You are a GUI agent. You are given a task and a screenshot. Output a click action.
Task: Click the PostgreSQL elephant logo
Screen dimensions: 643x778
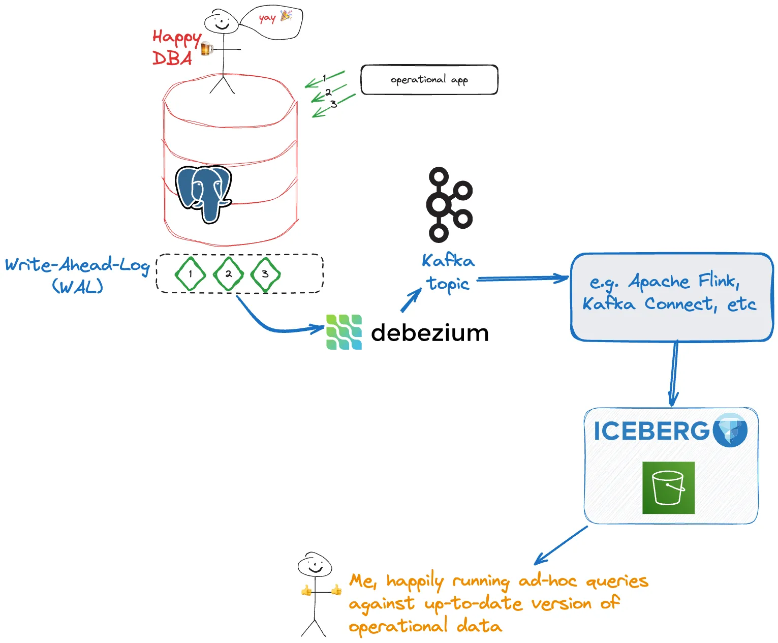pyautogui.click(x=204, y=193)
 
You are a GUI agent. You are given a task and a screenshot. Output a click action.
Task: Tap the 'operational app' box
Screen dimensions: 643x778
pyautogui.click(x=429, y=80)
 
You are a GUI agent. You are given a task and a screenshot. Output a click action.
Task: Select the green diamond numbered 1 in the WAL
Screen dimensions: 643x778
pyautogui.click(x=190, y=274)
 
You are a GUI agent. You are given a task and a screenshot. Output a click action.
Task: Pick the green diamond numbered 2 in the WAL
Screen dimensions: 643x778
pyautogui.click(x=228, y=274)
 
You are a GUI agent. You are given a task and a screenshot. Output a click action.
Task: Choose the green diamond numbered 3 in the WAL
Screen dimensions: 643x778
pyautogui.click(x=265, y=274)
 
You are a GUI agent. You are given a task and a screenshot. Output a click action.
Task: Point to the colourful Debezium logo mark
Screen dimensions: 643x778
pyautogui.click(x=344, y=332)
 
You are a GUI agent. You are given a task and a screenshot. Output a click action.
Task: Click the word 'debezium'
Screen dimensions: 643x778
pyautogui.click(x=429, y=333)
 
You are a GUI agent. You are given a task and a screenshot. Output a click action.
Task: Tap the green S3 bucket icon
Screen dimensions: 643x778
pyautogui.click(x=668, y=487)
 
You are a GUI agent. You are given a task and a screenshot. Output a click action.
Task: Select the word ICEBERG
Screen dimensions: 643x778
pyautogui.click(x=651, y=431)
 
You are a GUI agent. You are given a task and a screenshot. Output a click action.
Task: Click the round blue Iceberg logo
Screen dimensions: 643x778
pyautogui.click(x=730, y=430)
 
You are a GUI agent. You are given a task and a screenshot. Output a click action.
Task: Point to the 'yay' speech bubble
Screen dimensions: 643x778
pyautogui.click(x=272, y=22)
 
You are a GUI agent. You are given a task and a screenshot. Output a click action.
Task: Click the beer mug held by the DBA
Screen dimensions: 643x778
pyautogui.click(x=206, y=49)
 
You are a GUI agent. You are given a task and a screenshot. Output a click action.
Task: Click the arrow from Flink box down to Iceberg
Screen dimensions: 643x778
pyautogui.click(x=674, y=374)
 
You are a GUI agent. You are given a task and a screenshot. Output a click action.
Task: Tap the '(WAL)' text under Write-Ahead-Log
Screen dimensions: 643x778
pyautogui.click(x=77, y=287)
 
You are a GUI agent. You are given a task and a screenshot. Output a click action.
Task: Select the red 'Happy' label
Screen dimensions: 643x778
pyautogui.click(x=176, y=37)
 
